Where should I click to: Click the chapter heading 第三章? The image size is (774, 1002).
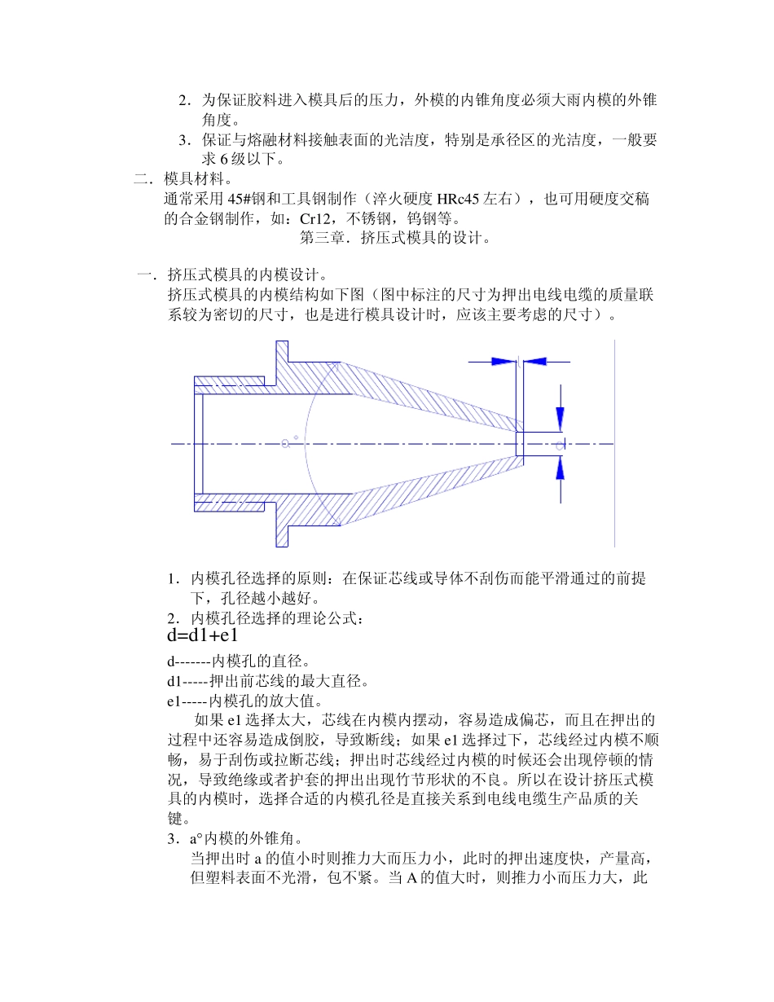coord(323,239)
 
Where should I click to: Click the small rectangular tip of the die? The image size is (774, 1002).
coord(521,444)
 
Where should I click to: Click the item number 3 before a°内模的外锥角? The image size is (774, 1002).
coord(171,838)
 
